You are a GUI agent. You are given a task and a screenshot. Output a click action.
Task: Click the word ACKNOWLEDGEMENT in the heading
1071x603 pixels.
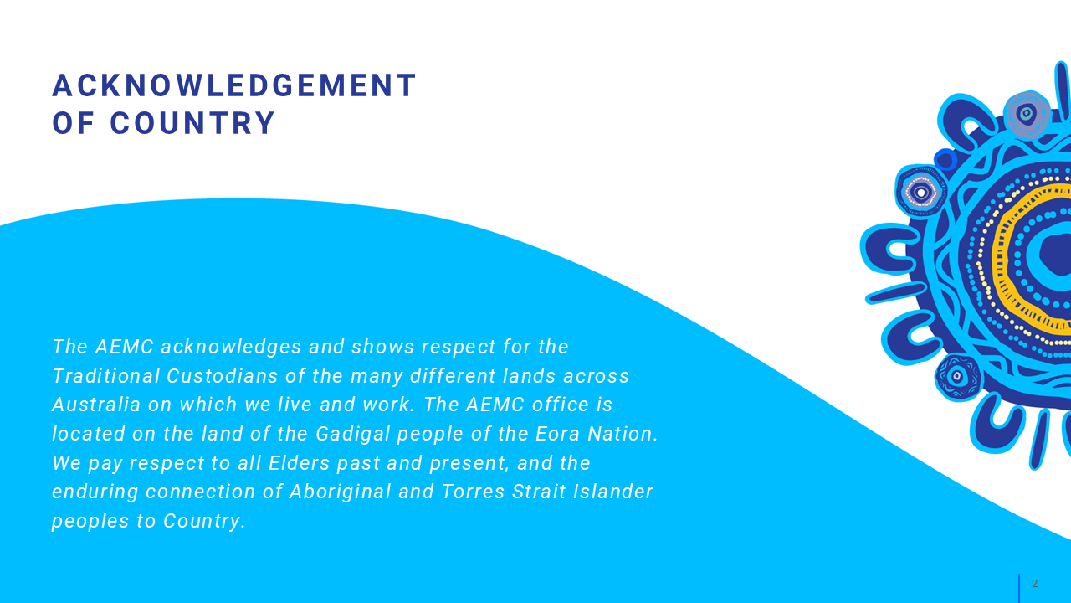pyautogui.click(x=234, y=85)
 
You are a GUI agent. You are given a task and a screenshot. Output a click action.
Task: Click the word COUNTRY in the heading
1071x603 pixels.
pyautogui.click(x=192, y=123)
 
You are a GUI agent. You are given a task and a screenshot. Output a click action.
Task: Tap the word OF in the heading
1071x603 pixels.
pyautogui.click(x=73, y=123)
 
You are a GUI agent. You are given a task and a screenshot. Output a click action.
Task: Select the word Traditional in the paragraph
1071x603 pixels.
pyautogui.click(x=105, y=376)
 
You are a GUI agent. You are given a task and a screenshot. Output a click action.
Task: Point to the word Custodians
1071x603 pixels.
pyautogui.click(x=223, y=376)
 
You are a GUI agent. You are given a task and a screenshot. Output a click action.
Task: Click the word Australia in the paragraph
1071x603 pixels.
pyautogui.click(x=96, y=405)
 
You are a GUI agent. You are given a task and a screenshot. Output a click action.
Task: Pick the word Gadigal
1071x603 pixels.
pyautogui.click(x=353, y=434)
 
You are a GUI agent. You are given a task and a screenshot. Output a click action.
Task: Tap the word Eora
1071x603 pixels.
pyautogui.click(x=557, y=434)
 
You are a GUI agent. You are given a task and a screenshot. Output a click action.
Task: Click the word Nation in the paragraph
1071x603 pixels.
pyautogui.click(x=620, y=434)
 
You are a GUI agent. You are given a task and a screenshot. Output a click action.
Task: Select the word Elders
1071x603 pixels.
pyautogui.click(x=300, y=463)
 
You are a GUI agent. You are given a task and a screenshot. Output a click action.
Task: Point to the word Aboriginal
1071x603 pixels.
pyautogui.click(x=341, y=492)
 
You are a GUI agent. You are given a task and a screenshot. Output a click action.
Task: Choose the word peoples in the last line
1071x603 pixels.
pyautogui.click(x=90, y=522)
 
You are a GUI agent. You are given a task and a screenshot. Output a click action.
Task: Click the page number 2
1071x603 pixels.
pyautogui.click(x=1035, y=584)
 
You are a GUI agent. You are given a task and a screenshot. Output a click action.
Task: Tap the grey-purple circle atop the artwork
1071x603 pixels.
pyautogui.click(x=1027, y=115)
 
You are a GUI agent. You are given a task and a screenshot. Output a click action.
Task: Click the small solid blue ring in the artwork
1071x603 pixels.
pyautogui.click(x=945, y=159)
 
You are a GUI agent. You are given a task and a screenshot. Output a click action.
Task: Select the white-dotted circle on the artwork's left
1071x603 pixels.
pyautogui.click(x=921, y=193)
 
